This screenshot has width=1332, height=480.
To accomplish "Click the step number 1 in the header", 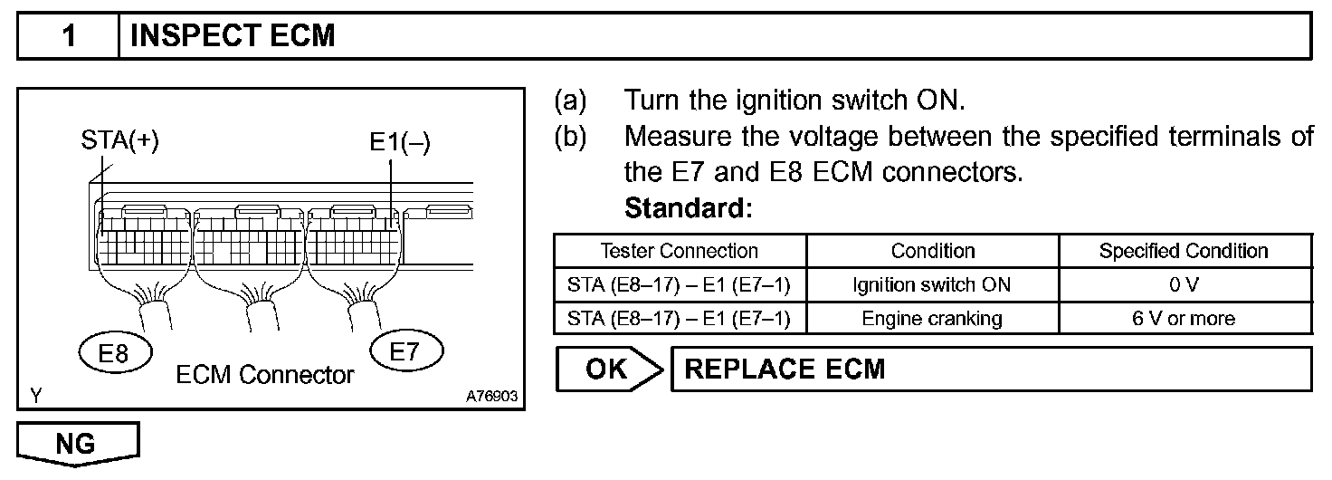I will coord(69,36).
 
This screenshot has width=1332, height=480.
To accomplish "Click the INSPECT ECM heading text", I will coord(233,36).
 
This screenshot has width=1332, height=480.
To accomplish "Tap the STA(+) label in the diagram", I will coord(119,142).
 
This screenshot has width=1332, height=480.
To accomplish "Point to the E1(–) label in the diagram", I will coord(399,143).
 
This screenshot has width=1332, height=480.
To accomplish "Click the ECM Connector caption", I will coord(265,374).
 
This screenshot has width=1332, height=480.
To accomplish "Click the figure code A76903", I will coord(491,397).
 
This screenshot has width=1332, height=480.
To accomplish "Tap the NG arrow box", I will coord(79,444).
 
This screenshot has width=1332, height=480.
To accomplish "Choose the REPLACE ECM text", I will coord(785,370).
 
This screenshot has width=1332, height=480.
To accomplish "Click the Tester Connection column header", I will coord(679,251).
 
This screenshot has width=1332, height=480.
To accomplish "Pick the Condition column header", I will coord(932,251).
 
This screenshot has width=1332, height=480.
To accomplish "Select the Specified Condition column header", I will coord(1184,251).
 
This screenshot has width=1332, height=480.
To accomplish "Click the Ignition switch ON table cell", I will coord(932,284).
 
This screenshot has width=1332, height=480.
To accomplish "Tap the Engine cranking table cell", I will coord(932,318).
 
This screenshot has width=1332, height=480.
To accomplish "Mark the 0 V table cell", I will coord(1184,284).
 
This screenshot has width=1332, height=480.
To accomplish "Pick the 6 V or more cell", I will coord(1184,318).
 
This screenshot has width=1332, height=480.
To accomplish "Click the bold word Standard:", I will coord(689,208).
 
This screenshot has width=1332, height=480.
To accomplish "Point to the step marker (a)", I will coord(570,100).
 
